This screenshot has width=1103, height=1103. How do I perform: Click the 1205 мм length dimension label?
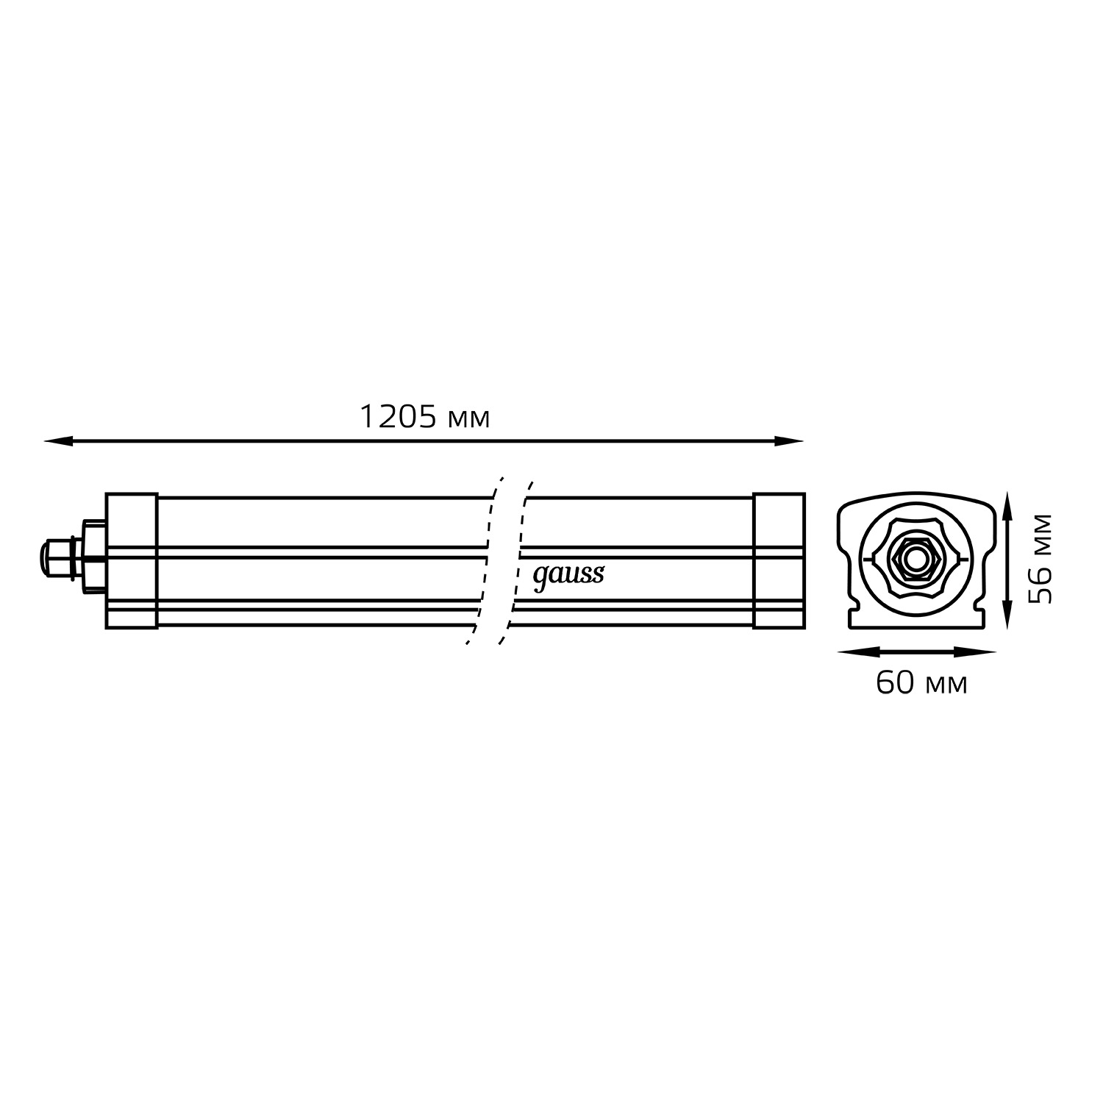pyautogui.click(x=424, y=418)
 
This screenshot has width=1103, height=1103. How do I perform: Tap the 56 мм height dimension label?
pyautogui.click(x=1040, y=559)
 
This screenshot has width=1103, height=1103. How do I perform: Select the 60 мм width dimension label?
pyautogui.click(x=921, y=683)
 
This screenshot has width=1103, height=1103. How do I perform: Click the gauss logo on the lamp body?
pyautogui.click(x=568, y=576)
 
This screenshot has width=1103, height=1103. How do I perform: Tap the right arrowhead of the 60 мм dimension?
pyautogui.click(x=981, y=652)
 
